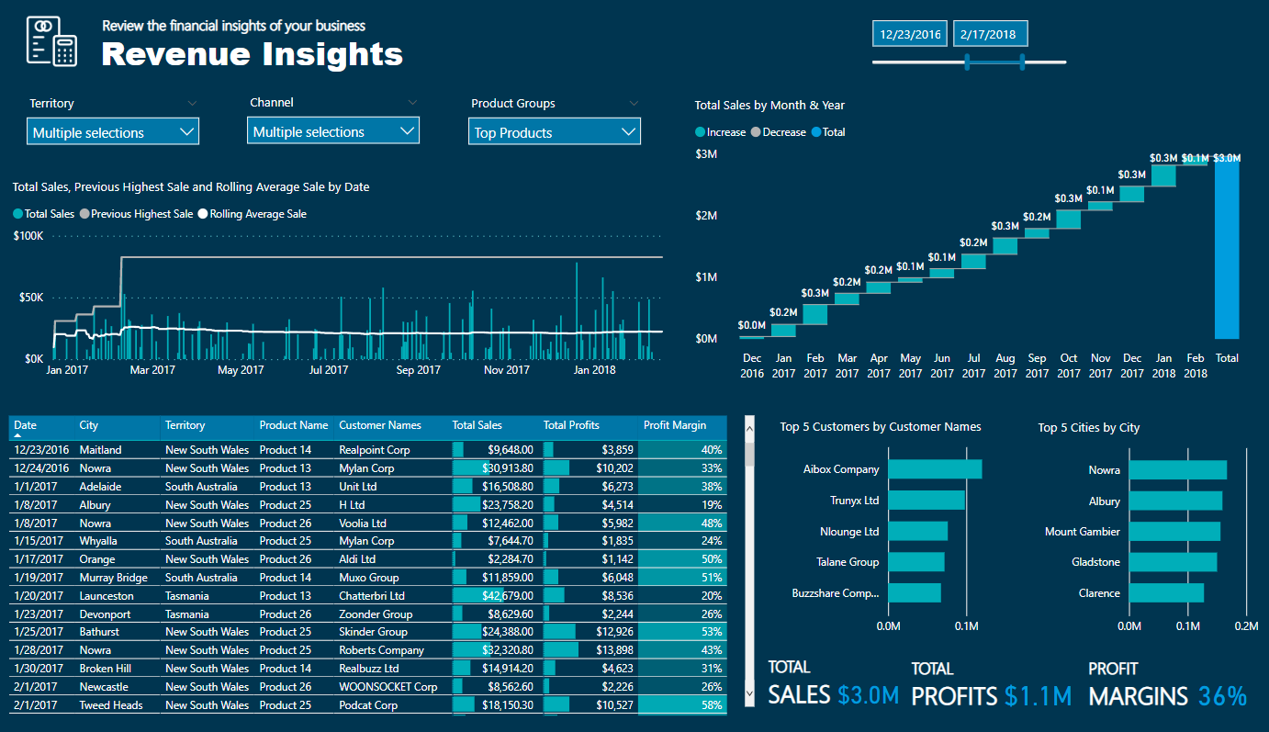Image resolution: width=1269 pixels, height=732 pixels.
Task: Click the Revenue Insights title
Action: pyautogui.click(x=253, y=54)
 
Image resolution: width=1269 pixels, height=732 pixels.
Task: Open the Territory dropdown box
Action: pyautogui.click(x=113, y=132)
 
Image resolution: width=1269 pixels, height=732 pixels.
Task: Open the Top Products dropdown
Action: pyautogui.click(x=555, y=132)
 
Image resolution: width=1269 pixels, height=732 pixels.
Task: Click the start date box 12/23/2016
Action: pyautogui.click(x=911, y=34)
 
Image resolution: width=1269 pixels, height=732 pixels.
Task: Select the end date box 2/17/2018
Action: pyautogui.click(x=989, y=34)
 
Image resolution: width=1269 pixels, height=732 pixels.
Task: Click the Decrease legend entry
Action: pyautogui.click(x=780, y=132)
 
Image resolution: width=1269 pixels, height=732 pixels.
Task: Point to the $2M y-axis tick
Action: pyautogui.click(x=706, y=215)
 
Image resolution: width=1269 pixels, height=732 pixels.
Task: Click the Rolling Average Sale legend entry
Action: pyautogui.click(x=257, y=214)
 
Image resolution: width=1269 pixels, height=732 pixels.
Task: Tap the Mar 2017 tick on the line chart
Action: pyautogui.click(x=152, y=370)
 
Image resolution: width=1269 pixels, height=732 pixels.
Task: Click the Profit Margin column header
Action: pyautogui.click(x=675, y=425)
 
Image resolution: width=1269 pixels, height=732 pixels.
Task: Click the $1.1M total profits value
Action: pyautogui.click(x=1038, y=696)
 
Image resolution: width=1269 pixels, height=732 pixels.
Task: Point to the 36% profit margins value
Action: pyautogui.click(x=1223, y=696)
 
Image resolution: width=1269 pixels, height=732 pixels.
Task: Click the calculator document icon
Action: pyautogui.click(x=51, y=41)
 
